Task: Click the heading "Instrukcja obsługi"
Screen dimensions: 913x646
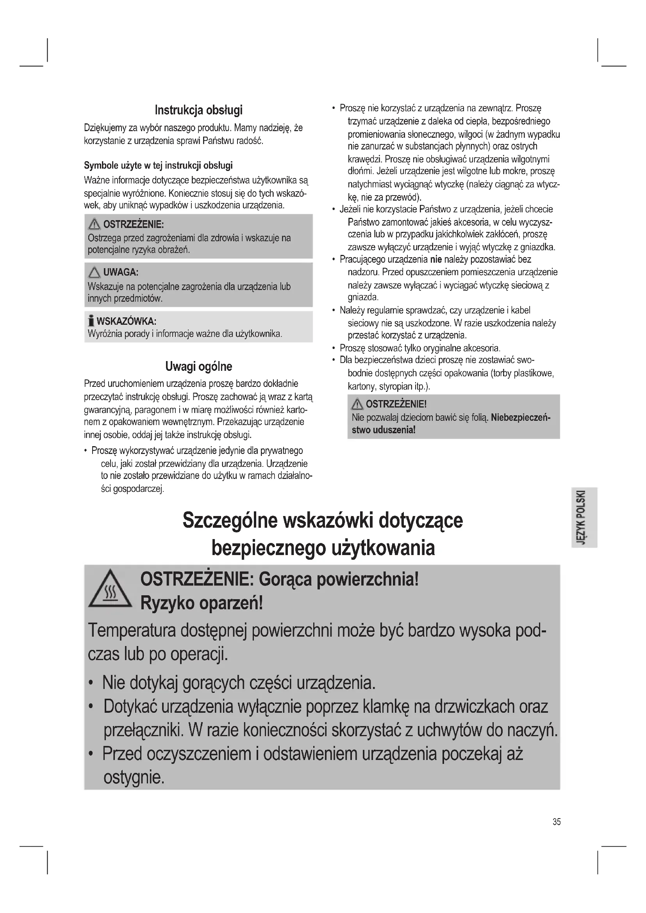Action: coord(198,110)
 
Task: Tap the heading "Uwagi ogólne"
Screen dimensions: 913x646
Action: coord(198,366)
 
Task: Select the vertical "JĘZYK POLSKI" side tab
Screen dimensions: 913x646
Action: coord(584,517)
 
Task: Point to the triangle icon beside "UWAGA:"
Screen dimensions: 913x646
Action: coord(94,272)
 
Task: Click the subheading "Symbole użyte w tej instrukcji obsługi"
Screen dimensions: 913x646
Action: coord(158,166)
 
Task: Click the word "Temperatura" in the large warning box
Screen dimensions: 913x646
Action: coord(131,631)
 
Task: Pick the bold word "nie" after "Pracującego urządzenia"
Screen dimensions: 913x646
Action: coord(436,260)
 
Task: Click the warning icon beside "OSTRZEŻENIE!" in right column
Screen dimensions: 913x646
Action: coord(357,405)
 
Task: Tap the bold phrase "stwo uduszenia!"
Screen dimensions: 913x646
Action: coord(384,430)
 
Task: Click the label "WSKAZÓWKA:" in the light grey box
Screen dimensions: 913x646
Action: coord(127,321)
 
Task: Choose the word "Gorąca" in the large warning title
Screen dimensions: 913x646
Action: coord(285,580)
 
